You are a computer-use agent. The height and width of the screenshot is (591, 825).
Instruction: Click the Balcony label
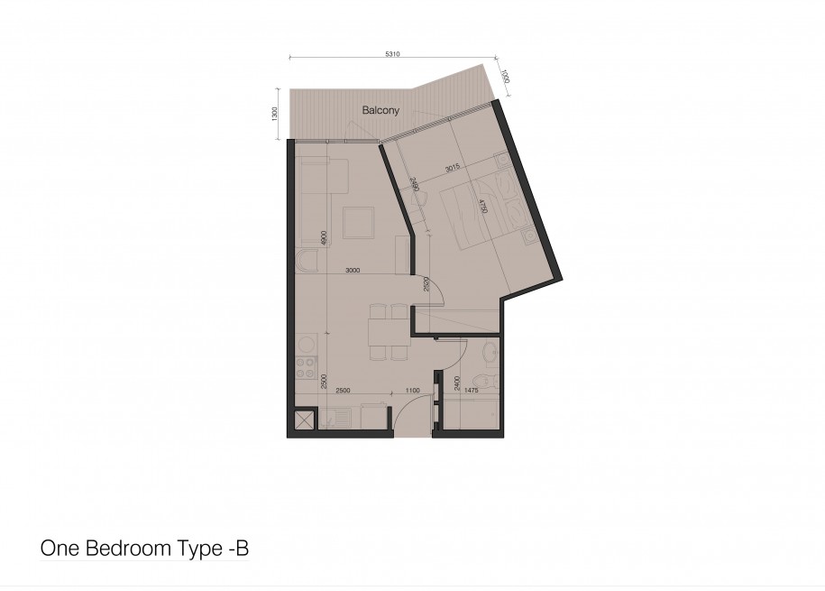pos(380,110)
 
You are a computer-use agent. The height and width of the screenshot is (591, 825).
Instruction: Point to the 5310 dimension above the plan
pos(392,54)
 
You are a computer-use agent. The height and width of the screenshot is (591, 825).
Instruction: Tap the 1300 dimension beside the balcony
pos(274,114)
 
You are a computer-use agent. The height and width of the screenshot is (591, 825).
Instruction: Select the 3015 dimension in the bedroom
pos(453,168)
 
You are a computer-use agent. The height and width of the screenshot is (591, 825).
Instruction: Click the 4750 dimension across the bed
pos(483,206)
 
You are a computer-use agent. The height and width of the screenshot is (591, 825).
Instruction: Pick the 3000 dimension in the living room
pos(353,270)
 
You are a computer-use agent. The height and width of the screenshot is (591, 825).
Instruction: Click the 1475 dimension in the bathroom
pos(472,391)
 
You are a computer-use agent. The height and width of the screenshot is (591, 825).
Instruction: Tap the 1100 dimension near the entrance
pos(413,391)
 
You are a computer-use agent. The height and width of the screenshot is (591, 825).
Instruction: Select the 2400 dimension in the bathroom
pos(457,383)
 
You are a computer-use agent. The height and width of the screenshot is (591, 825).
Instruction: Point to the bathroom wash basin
pos(490,350)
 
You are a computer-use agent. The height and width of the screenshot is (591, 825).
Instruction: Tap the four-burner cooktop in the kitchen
pos(306,367)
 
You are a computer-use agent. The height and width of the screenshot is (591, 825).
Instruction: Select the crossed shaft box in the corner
pos(304,420)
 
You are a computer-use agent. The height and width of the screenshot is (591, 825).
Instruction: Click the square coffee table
pos(358,223)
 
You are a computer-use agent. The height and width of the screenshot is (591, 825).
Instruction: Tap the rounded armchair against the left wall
pos(307,262)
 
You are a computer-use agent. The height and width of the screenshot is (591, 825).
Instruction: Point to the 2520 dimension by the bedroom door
pos(426,284)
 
